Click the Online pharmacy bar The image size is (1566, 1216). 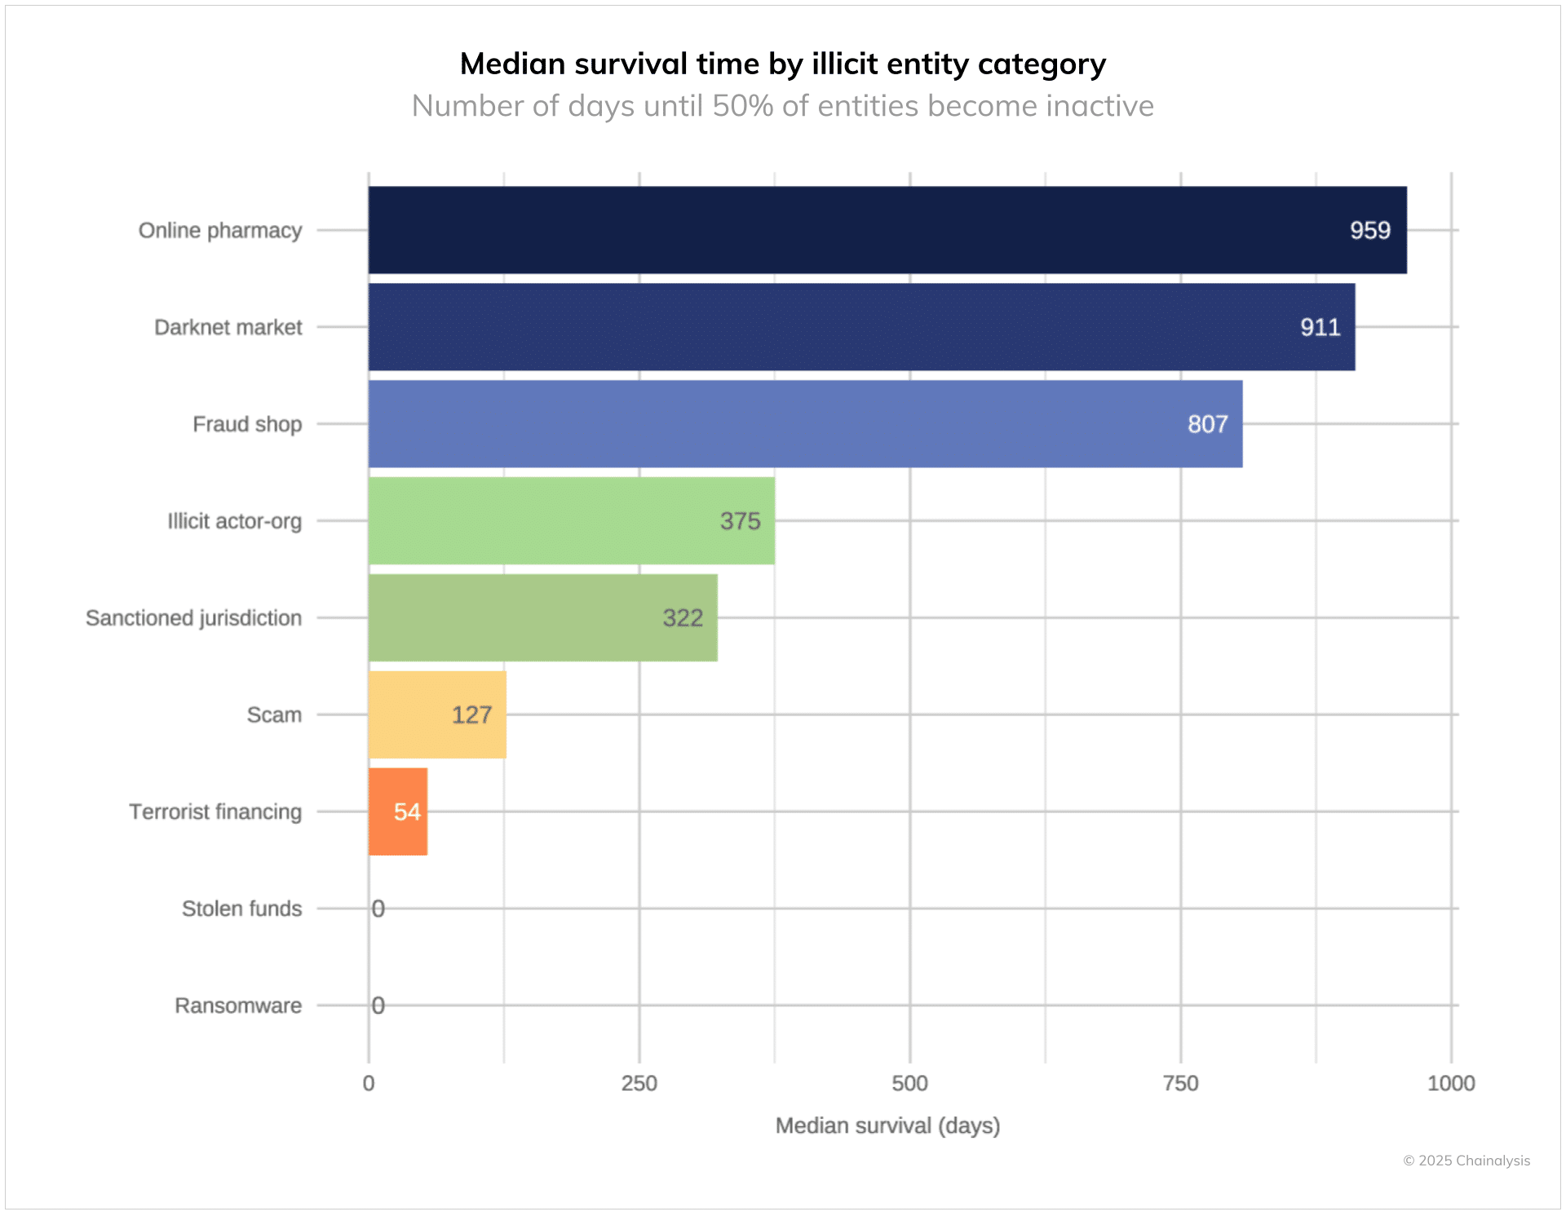point(887,230)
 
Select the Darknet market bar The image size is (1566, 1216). point(860,327)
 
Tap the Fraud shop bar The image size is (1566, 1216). point(805,424)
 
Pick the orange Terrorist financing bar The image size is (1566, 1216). point(397,811)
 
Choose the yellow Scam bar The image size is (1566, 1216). point(437,714)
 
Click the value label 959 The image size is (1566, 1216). point(1369,231)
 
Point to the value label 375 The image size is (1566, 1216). point(740,521)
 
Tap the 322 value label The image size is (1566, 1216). point(683,618)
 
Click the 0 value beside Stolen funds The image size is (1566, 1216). point(378,909)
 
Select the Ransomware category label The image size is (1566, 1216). point(238,1006)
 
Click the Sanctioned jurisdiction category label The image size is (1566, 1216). point(193,618)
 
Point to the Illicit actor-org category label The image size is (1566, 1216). point(234,521)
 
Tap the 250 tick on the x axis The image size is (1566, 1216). point(639,1083)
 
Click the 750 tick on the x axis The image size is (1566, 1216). point(1180,1083)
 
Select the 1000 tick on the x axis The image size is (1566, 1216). point(1450,1083)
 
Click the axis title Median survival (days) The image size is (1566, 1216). point(887,1125)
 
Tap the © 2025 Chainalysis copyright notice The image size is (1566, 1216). point(1466,1161)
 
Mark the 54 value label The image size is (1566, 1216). point(407,811)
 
